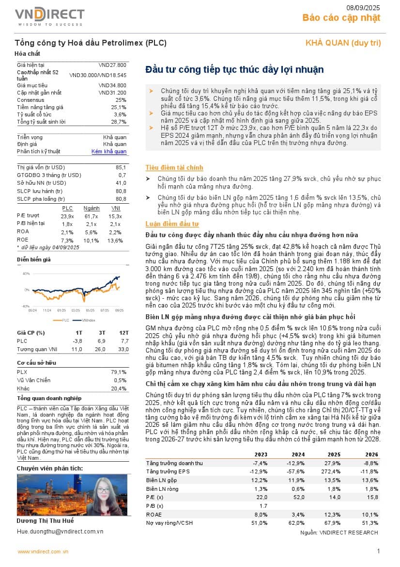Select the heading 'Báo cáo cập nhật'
341,18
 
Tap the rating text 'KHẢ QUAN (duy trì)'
343,43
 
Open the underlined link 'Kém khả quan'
109,152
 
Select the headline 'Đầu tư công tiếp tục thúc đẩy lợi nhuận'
234,69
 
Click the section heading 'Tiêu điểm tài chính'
174,168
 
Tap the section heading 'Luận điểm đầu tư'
172,224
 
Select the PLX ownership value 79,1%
119,372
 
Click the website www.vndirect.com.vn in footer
43,551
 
